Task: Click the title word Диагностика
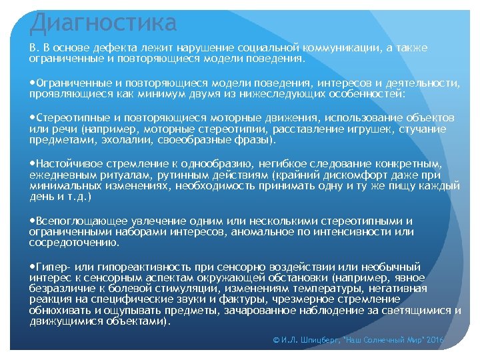103,23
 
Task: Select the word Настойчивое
70,163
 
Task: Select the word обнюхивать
59,311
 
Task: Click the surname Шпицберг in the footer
317,341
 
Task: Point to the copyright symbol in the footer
277,341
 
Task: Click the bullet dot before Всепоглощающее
33,221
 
